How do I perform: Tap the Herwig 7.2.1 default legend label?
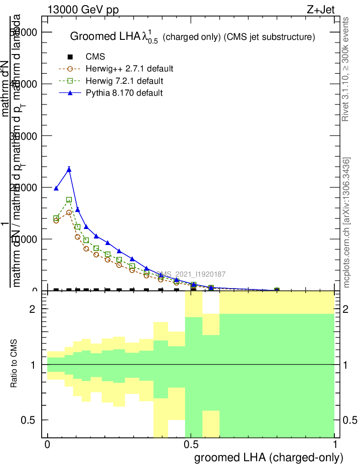tap(124, 81)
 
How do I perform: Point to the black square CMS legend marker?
tap(70, 57)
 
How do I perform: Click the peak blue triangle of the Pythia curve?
tap(69, 169)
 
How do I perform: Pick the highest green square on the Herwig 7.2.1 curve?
tap(69, 200)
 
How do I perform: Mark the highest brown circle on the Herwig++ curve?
tap(69, 213)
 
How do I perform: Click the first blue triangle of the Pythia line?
tap(56, 188)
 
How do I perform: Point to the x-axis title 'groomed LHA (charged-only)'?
tap(269, 458)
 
